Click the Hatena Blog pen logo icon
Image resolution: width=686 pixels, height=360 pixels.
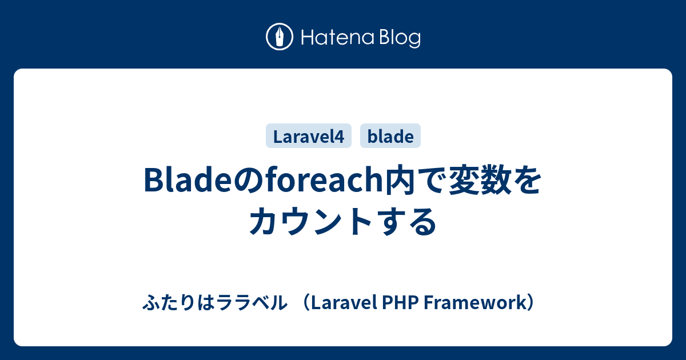pos(280,37)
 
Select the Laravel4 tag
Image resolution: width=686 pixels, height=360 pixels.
pos(308,136)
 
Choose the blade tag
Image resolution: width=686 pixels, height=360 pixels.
pos(390,136)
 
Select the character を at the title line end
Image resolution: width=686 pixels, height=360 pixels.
pos(527,181)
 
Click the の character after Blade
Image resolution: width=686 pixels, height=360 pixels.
pos(247,181)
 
